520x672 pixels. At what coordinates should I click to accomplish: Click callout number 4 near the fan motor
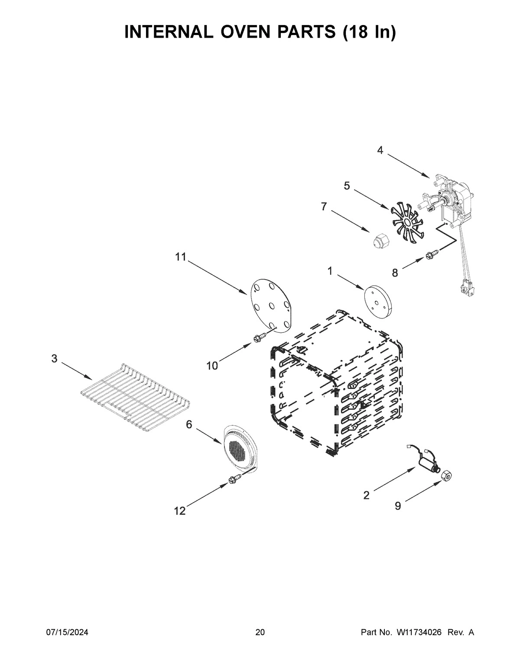(x=380, y=151)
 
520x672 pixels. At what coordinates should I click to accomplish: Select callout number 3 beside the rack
(x=54, y=358)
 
